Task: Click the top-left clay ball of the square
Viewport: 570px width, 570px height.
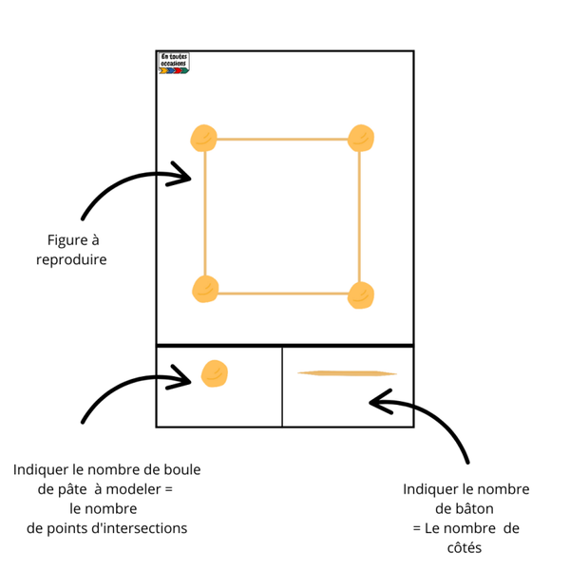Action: click(203, 139)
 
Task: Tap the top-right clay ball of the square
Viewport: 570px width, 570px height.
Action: click(362, 139)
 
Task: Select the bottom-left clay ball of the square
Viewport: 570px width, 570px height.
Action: click(206, 289)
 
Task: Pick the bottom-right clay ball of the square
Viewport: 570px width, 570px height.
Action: click(361, 294)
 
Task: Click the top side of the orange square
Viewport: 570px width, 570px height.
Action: click(283, 140)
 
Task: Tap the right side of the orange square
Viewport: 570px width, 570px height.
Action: click(360, 214)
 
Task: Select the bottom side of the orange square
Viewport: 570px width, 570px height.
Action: click(283, 293)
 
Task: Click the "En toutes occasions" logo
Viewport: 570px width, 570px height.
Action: click(175, 63)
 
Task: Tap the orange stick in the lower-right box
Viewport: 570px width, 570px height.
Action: click(346, 373)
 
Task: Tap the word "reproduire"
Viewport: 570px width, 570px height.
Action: click(70, 258)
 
